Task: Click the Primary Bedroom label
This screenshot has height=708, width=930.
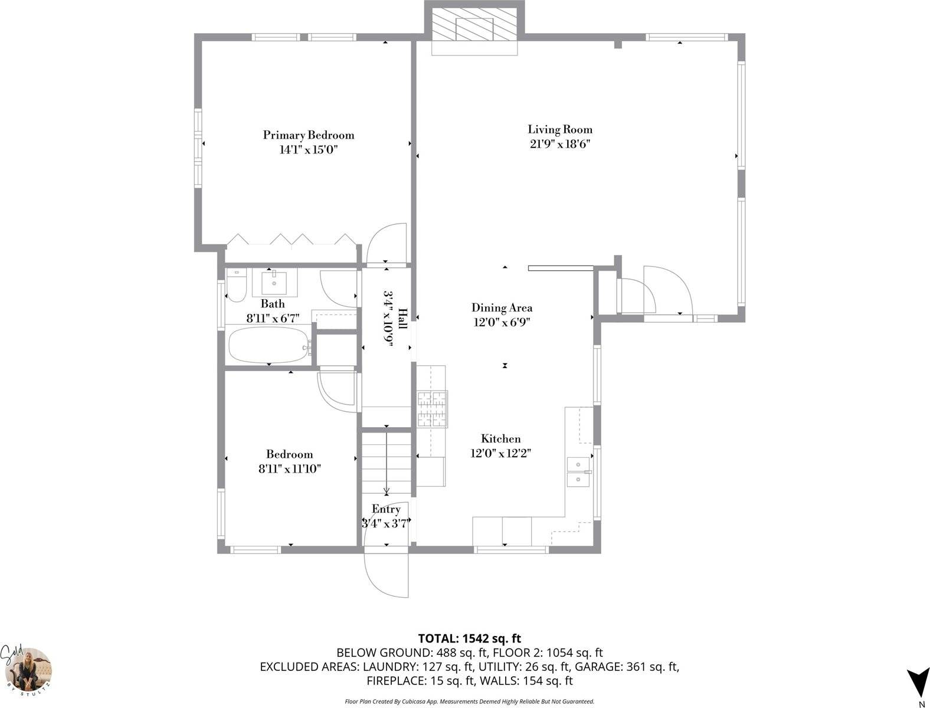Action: click(308, 135)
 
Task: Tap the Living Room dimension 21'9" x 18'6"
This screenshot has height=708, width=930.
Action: click(559, 145)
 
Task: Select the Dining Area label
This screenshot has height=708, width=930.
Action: click(502, 307)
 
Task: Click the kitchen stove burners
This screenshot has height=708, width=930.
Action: click(433, 409)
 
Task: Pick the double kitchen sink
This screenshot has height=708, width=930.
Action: click(579, 472)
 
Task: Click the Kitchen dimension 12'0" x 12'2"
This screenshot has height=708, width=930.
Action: click(501, 454)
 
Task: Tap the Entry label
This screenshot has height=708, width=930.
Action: click(386, 509)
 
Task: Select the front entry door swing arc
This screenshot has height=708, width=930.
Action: click(384, 575)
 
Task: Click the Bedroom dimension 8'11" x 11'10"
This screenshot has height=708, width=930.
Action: click(289, 469)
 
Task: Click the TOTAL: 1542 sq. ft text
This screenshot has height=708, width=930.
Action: click(469, 638)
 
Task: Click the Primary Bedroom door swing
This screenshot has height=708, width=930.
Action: click(387, 243)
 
